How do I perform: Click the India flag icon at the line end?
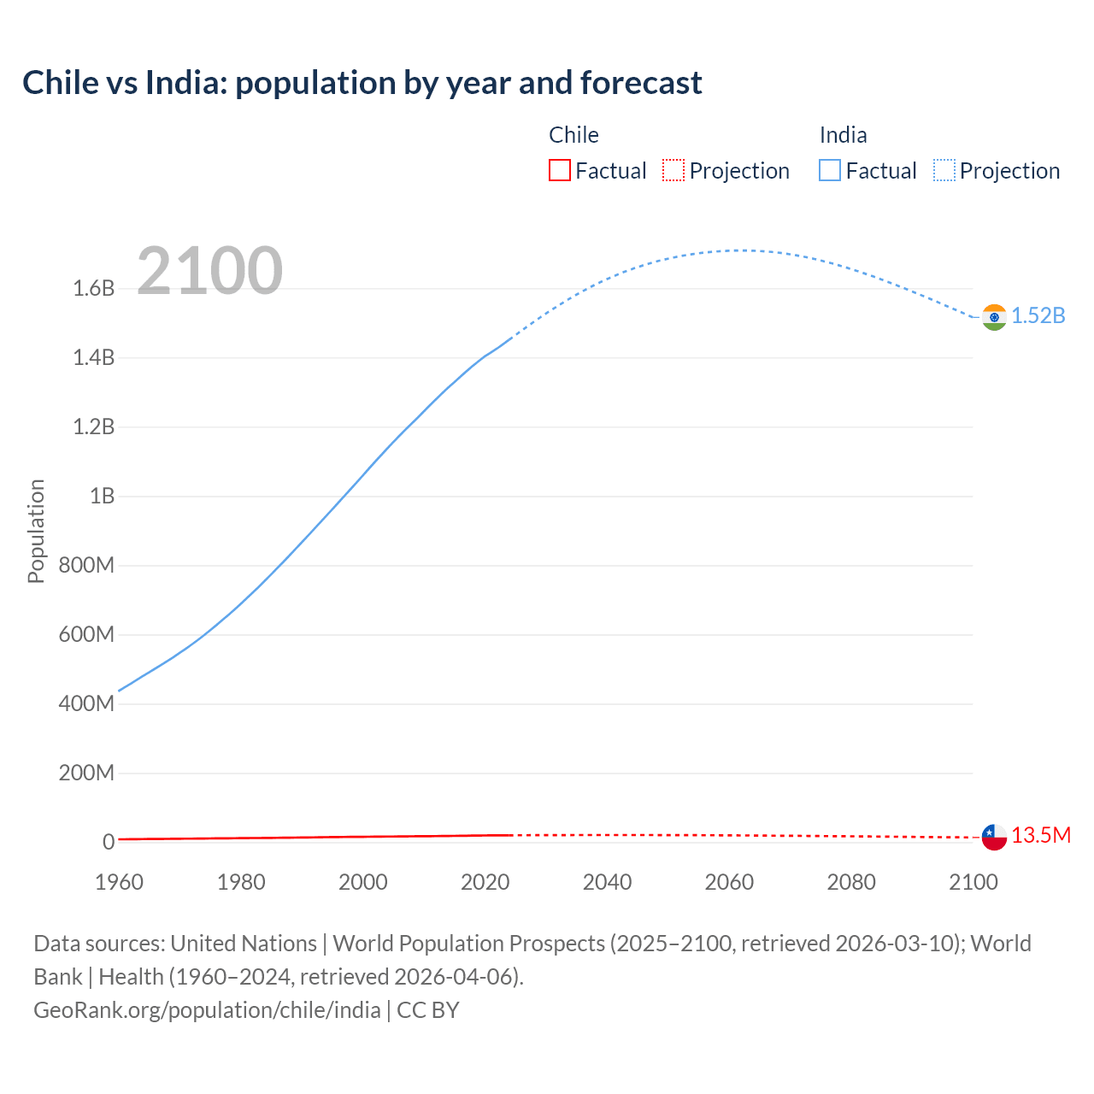pos(994,317)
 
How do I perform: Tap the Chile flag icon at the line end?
pos(994,837)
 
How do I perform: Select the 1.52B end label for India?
pos(1038,315)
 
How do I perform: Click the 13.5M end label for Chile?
pos(1041,835)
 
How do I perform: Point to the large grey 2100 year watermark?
pos(209,271)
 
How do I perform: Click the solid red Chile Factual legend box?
pos(559,170)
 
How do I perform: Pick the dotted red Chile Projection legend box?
pos(673,170)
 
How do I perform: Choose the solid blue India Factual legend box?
pos(830,170)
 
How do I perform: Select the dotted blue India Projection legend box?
pos(944,170)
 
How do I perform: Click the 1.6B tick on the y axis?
pos(94,288)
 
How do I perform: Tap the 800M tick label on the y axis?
pos(86,565)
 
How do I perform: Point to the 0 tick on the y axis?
pos(109,842)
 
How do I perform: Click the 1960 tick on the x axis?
pos(119,882)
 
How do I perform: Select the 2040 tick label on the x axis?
pos(607,882)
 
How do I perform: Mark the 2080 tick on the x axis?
pos(851,882)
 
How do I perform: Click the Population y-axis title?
pos(36,531)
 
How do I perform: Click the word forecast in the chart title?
pos(641,83)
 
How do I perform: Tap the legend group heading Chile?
pos(573,135)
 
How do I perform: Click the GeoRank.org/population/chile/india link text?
pos(207,1010)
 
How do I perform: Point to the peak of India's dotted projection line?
pos(737,250)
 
